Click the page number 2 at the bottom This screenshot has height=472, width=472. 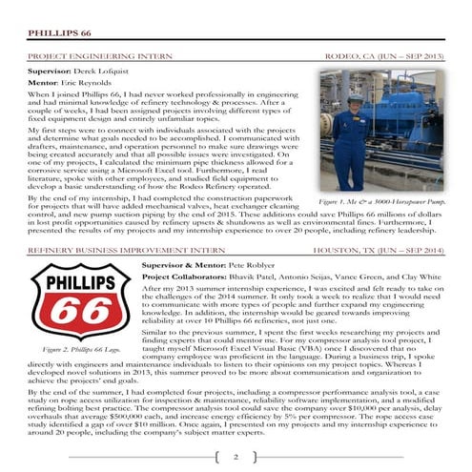tap(235, 459)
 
